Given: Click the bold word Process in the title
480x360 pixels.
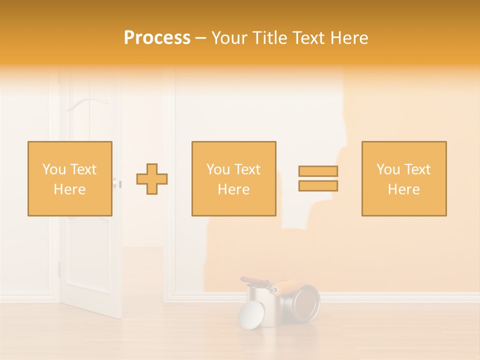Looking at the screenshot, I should [157, 38].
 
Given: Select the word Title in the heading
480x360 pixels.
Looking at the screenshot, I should [268, 38].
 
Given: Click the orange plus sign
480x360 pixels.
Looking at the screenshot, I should [152, 179].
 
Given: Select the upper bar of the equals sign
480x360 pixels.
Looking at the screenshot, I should [318, 171].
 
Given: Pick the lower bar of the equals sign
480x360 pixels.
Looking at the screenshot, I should [318, 186].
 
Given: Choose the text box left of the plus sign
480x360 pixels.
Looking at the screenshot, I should [70, 179].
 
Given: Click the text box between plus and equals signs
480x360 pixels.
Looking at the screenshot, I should [233, 179].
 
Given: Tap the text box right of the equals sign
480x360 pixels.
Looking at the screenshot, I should [404, 179].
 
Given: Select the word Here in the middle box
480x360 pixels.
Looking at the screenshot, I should [233, 189].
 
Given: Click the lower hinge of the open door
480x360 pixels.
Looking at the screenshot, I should [59, 269].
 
